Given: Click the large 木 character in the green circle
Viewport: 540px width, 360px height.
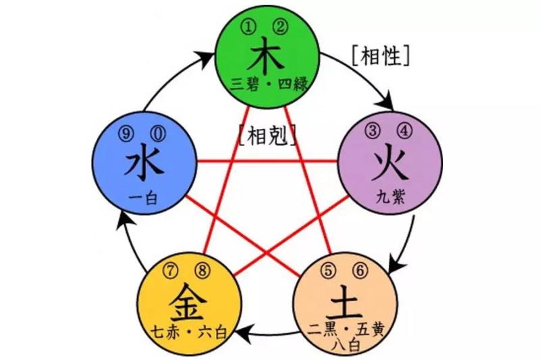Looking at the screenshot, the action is (x=267, y=56).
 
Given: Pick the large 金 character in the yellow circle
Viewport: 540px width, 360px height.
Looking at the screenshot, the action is (x=188, y=302).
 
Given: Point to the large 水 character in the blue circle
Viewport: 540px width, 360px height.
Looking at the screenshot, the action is (x=144, y=163).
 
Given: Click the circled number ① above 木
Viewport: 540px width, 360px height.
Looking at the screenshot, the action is (x=248, y=27).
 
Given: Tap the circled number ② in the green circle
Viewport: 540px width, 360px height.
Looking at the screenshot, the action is (x=279, y=27).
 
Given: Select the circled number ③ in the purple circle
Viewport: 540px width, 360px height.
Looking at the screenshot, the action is (x=373, y=131).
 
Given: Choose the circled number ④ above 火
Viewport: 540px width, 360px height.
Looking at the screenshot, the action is (x=404, y=131).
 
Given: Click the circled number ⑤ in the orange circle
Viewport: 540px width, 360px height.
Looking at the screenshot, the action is (x=328, y=270).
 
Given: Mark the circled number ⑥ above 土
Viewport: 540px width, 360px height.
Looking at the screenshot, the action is (x=360, y=270).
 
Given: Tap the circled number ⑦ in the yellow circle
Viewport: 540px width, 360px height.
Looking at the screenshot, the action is (x=170, y=271).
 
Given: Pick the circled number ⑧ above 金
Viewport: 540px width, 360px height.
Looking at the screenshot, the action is (x=202, y=271).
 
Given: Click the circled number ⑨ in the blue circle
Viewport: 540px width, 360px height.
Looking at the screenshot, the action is (x=126, y=134).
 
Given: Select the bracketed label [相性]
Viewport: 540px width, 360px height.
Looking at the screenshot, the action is (x=381, y=56).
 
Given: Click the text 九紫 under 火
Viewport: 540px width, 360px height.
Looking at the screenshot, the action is (x=391, y=197).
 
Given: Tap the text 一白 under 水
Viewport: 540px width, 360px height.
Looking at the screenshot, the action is (x=143, y=199).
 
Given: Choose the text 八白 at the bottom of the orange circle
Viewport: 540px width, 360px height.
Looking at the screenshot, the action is (x=346, y=346).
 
